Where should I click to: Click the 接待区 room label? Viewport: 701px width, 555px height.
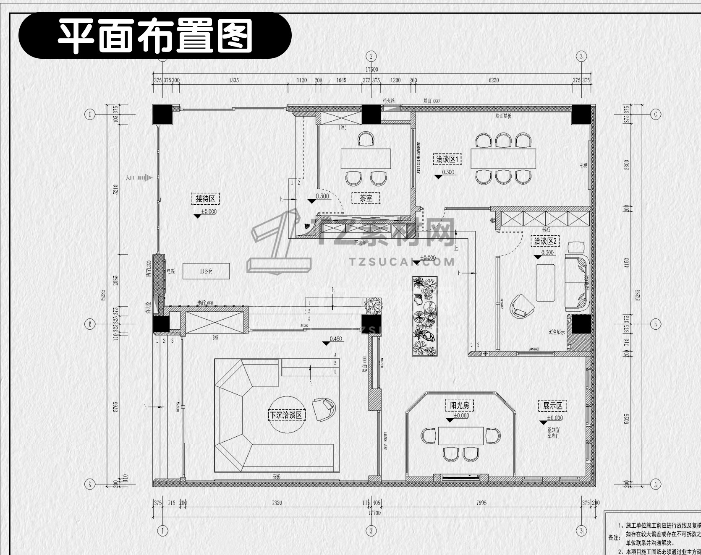pyautogui.click(x=205, y=199)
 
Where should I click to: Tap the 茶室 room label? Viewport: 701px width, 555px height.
pyautogui.click(x=366, y=198)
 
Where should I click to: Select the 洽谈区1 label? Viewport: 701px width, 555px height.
pyautogui.click(x=447, y=159)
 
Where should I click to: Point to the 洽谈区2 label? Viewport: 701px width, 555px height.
pyautogui.click(x=545, y=241)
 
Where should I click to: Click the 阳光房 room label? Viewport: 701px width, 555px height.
pyautogui.click(x=459, y=406)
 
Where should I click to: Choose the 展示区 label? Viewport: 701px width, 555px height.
pyautogui.click(x=552, y=406)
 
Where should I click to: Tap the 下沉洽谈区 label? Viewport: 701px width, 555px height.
pyautogui.click(x=285, y=415)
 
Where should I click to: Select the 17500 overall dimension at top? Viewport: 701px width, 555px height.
pyautogui.click(x=371, y=70)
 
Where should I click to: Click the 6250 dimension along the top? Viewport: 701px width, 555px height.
pyautogui.click(x=494, y=80)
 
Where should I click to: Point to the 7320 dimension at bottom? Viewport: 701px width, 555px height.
pyautogui.click(x=277, y=503)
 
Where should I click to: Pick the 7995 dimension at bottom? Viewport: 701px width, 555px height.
pyautogui.click(x=481, y=503)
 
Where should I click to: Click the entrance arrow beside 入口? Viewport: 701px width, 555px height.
pyautogui.click(x=145, y=178)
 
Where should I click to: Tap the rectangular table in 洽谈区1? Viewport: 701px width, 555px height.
pyautogui.click(x=503, y=158)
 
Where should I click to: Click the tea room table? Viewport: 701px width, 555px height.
pyautogui.click(x=366, y=159)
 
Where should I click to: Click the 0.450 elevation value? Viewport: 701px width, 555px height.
pyautogui.click(x=336, y=339)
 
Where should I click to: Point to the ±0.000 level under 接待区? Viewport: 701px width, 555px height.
pyautogui.click(x=209, y=212)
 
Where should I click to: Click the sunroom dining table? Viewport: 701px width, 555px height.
pyautogui.click(x=461, y=435)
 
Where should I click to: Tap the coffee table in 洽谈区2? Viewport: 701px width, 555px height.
pyautogui.click(x=545, y=282)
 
